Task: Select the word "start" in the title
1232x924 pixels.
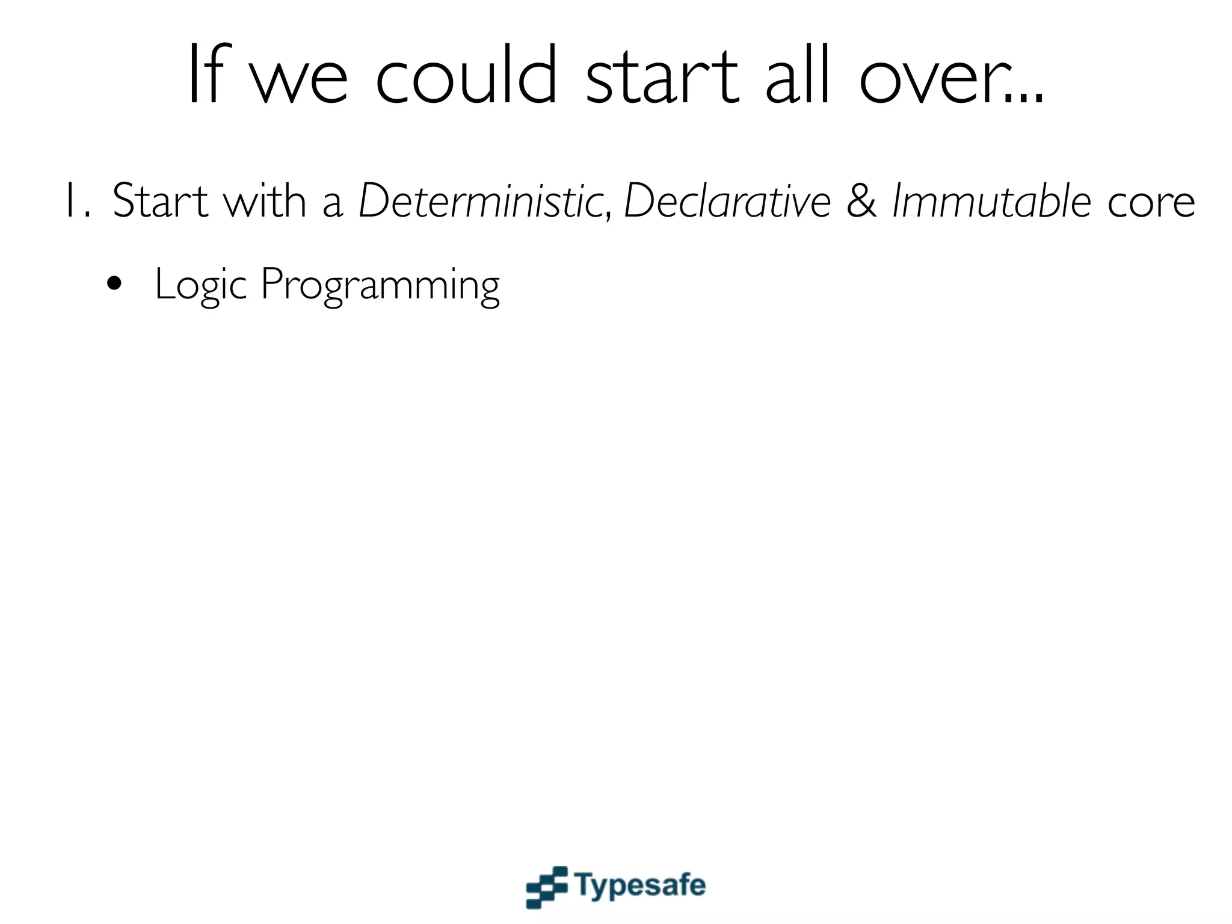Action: (x=662, y=75)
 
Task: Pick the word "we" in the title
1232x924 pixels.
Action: (x=299, y=81)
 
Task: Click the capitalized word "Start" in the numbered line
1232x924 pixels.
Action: (x=160, y=201)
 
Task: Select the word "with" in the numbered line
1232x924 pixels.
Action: (x=265, y=201)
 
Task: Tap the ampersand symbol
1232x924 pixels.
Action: (x=861, y=201)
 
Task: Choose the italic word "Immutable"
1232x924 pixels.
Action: (x=991, y=201)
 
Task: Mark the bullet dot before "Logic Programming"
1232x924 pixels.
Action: (x=114, y=284)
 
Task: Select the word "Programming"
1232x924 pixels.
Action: (x=380, y=285)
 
